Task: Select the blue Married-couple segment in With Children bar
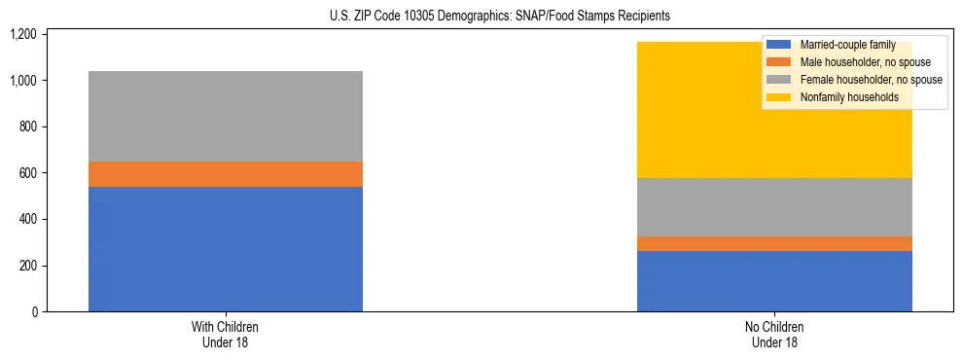click(x=226, y=249)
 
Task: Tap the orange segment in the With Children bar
click(x=226, y=174)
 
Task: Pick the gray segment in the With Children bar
click(x=226, y=116)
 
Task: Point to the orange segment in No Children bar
click(x=774, y=243)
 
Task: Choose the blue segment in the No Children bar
click(x=774, y=281)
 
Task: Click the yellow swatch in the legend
click(x=779, y=97)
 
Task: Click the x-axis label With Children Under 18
click(x=226, y=335)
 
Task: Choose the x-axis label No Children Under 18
click(x=774, y=335)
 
